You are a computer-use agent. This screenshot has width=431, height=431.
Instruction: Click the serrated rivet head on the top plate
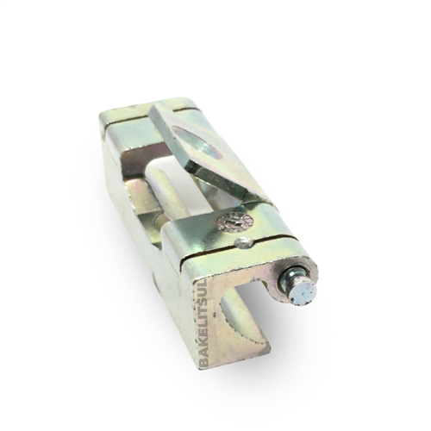233,222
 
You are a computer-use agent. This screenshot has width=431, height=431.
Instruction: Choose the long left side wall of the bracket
142,224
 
